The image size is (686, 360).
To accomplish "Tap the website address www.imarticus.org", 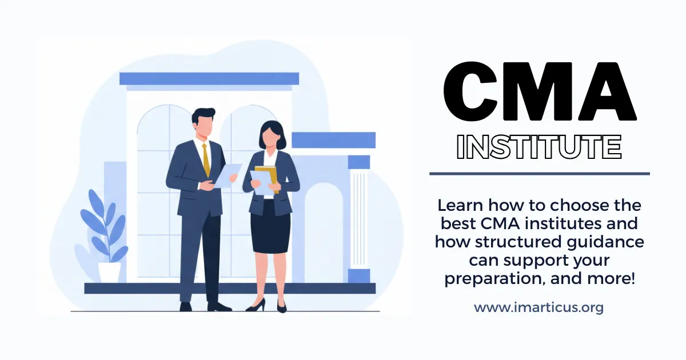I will coord(539,307).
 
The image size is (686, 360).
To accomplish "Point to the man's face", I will coord(204,126).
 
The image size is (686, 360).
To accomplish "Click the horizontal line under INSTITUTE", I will coord(539,173).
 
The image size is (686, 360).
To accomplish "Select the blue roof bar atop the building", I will coord(209,78).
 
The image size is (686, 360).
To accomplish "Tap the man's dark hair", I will coord(204,114).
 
